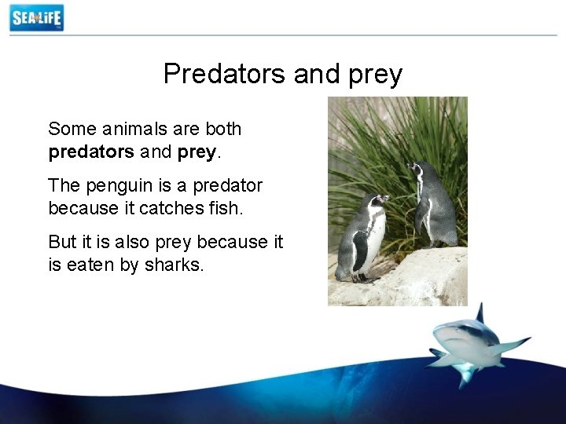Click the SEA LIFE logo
[36, 17]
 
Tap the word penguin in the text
[116, 187]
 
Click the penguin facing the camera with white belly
[364, 239]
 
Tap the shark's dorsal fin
[479, 313]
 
